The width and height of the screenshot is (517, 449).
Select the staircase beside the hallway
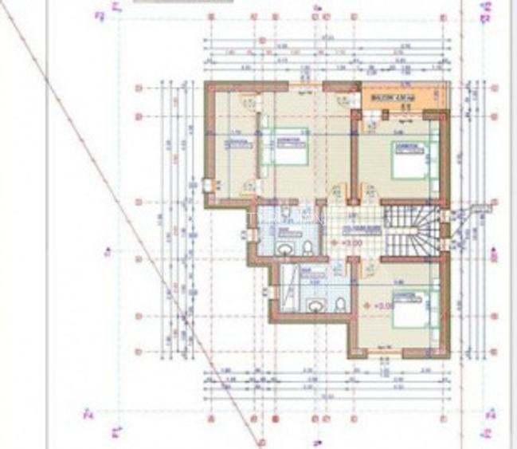pos(412,230)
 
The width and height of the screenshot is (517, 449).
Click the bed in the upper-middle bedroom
pos(291,150)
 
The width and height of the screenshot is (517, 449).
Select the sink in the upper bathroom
pos(284,249)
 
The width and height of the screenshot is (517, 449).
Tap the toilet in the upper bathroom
pos(308,249)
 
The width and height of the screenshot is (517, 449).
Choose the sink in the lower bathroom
pos(315,305)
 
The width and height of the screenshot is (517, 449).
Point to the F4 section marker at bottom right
pos(489,414)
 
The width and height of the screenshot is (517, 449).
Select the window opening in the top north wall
pos(305,84)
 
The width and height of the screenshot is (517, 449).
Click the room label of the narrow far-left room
pos(234,144)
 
